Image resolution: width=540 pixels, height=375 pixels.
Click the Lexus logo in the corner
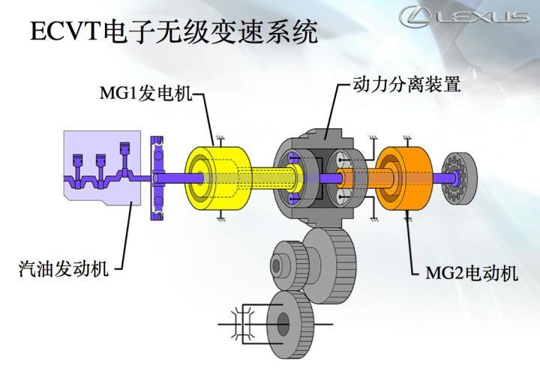(x=464, y=16)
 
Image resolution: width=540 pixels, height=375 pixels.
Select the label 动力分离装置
(x=406, y=84)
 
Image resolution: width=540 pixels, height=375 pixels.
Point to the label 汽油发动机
(x=64, y=268)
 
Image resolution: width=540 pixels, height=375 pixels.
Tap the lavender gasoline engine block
(x=102, y=168)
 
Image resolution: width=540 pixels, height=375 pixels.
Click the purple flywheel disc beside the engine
(x=157, y=178)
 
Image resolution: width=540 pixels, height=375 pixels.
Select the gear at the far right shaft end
(x=459, y=178)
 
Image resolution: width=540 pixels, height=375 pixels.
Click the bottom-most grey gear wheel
(x=289, y=325)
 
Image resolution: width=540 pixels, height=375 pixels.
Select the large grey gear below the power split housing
(x=330, y=265)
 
